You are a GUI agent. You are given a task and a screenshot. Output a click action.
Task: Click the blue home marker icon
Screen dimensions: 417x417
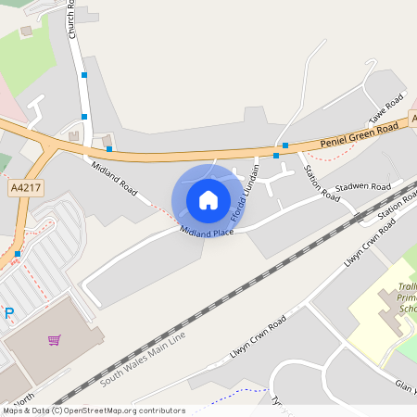[x=208, y=199]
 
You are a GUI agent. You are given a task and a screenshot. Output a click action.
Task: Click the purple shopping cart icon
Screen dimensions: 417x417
[x=54, y=339]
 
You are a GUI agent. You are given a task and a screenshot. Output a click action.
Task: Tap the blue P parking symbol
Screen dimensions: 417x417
[x=9, y=313]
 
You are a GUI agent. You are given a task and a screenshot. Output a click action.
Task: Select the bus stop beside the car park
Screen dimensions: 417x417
[x=18, y=254]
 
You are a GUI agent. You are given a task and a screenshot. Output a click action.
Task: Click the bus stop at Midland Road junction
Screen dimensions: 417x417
[x=109, y=148]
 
